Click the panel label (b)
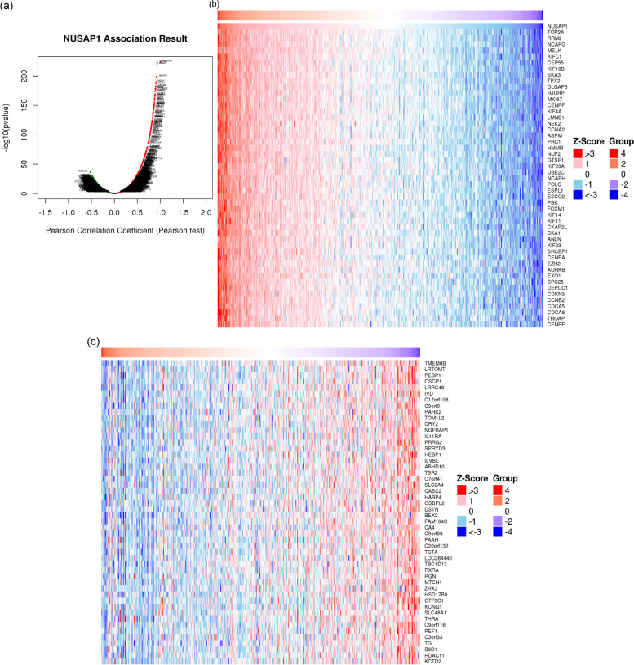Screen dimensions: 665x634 pos(215,6)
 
